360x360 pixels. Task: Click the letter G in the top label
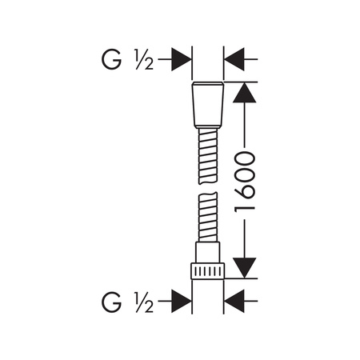point(111,59)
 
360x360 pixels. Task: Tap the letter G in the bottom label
point(111,302)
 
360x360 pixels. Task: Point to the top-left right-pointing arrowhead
point(182,59)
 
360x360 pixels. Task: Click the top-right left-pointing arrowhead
point(234,59)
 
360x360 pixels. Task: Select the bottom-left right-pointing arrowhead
point(182,302)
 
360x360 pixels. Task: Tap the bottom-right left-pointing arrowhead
point(234,302)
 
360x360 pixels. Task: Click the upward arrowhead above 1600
point(245,92)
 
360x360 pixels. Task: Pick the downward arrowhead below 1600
point(245,268)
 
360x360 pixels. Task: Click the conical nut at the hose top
point(208,105)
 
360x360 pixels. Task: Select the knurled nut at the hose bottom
point(208,271)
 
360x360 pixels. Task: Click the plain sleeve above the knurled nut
point(208,252)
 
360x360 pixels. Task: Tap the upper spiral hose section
point(208,156)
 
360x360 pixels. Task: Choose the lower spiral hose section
point(208,217)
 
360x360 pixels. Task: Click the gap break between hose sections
point(208,188)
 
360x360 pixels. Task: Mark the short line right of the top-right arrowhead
point(251,59)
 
